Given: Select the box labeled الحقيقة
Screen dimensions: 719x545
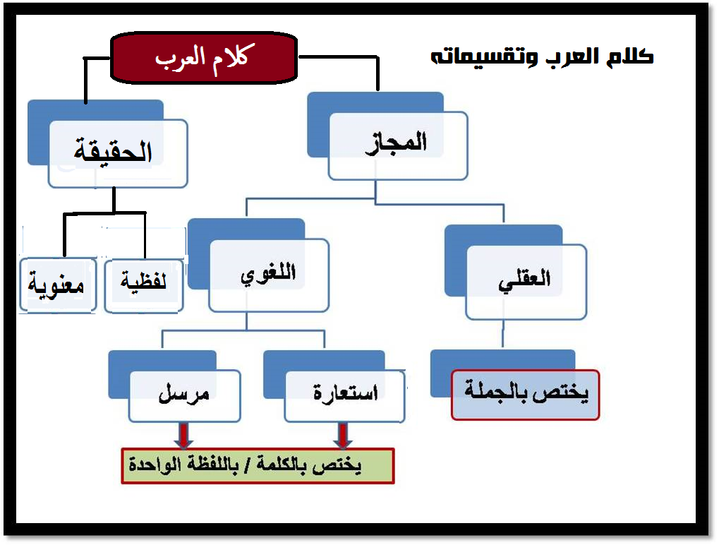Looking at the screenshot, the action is [x=118, y=153].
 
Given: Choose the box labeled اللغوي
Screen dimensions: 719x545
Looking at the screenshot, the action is [x=268, y=275].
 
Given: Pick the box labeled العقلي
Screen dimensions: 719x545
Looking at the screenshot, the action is [x=526, y=280].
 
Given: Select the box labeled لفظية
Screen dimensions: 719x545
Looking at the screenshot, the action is [x=144, y=285].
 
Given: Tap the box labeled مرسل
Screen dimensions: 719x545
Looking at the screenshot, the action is [x=184, y=395].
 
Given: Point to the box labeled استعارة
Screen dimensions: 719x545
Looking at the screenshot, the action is [x=344, y=395].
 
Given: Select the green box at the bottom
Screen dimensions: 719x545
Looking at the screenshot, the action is [x=258, y=466].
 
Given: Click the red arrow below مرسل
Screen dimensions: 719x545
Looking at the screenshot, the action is [x=183, y=435].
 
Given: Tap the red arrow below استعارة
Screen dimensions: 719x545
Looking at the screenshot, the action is [x=344, y=435].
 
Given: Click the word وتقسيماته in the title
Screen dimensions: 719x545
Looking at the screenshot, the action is [x=481, y=57].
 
